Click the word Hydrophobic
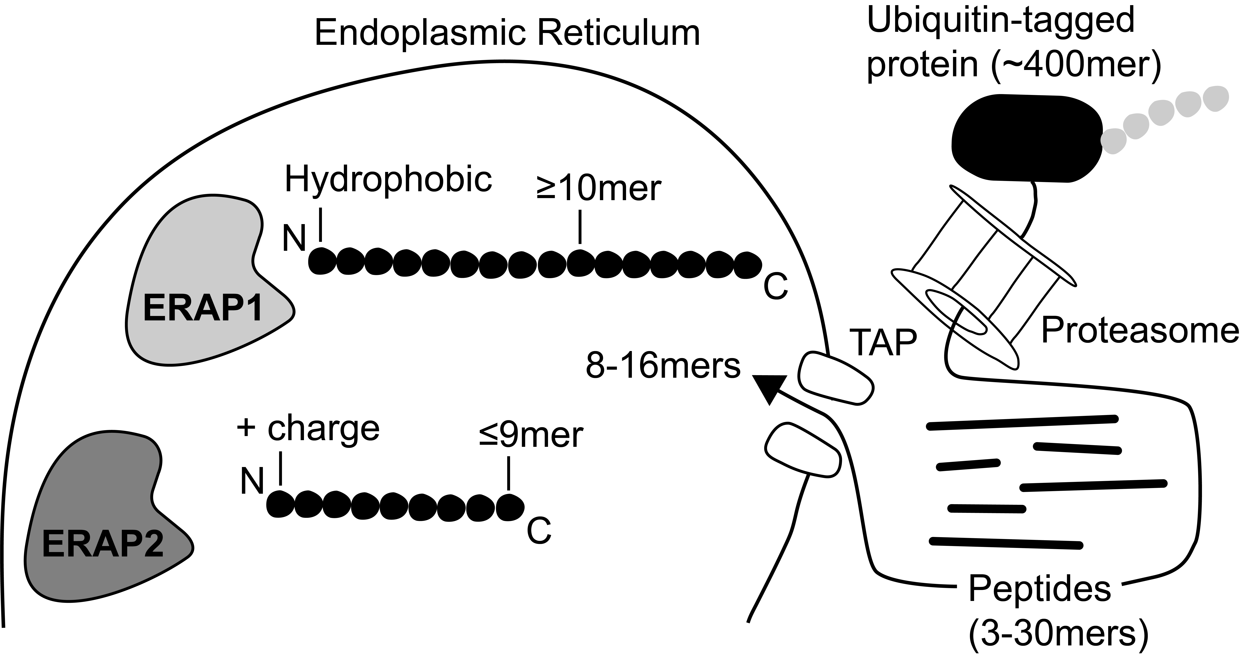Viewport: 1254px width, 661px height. pyautogui.click(x=388, y=179)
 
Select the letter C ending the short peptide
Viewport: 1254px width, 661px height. pyautogui.click(x=539, y=532)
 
